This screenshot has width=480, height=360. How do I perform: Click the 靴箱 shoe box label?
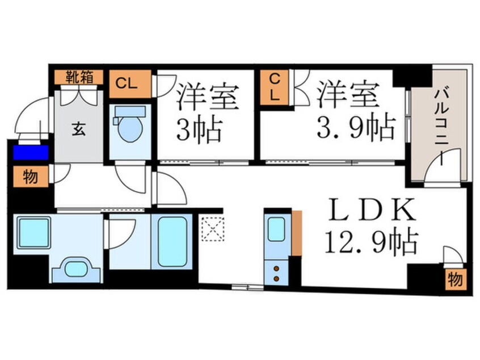coord(79,76)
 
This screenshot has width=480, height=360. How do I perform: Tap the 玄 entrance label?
coord(79,128)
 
